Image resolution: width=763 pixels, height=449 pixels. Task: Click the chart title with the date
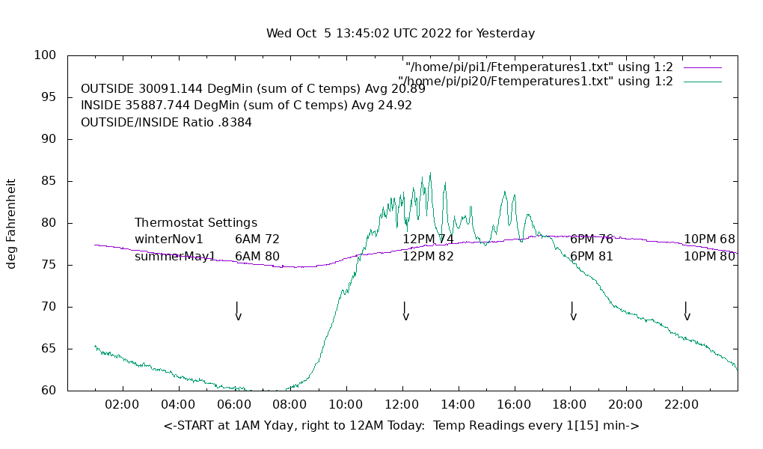click(x=400, y=34)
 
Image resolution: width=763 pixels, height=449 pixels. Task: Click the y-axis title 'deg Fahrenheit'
click(x=11, y=223)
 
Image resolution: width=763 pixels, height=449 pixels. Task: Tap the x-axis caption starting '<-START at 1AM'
click(x=401, y=426)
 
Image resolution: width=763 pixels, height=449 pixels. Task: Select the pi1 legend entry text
click(x=539, y=67)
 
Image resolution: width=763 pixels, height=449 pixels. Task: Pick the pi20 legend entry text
click(x=535, y=82)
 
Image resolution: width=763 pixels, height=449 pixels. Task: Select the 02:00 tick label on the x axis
click(x=122, y=405)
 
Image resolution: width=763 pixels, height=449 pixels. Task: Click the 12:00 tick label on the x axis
click(x=402, y=405)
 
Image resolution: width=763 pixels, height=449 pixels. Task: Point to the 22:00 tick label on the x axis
click(x=681, y=405)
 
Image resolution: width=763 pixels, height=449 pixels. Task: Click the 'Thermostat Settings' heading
click(x=196, y=223)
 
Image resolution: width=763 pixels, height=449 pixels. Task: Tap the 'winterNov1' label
click(x=169, y=239)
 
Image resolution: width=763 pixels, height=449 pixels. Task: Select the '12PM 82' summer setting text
click(x=428, y=257)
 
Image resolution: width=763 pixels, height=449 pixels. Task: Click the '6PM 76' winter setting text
click(x=592, y=239)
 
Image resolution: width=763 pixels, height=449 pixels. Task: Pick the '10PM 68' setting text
click(x=709, y=239)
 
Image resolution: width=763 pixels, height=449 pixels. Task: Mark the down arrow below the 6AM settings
click(x=238, y=311)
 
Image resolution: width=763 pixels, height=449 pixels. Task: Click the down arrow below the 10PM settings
click(x=686, y=311)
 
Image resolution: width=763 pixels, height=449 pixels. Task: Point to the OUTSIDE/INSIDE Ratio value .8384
click(x=234, y=122)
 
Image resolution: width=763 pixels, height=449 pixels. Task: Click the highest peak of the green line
click(x=430, y=173)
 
